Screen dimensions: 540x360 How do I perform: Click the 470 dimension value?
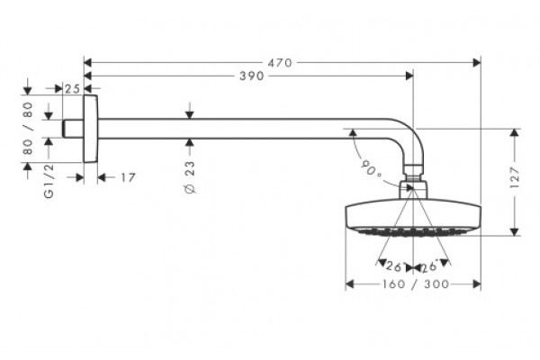(280, 63)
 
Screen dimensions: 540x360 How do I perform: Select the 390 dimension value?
(252, 76)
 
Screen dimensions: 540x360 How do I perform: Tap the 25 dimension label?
(72, 89)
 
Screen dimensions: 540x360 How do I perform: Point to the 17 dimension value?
(128, 178)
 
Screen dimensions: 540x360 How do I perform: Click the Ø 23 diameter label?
(190, 177)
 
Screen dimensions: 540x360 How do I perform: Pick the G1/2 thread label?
(49, 181)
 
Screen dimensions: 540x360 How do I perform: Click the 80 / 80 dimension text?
(28, 128)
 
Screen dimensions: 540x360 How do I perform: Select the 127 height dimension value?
(514, 178)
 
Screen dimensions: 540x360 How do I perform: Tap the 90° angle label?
(371, 168)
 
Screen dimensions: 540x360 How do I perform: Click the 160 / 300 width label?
(416, 284)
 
